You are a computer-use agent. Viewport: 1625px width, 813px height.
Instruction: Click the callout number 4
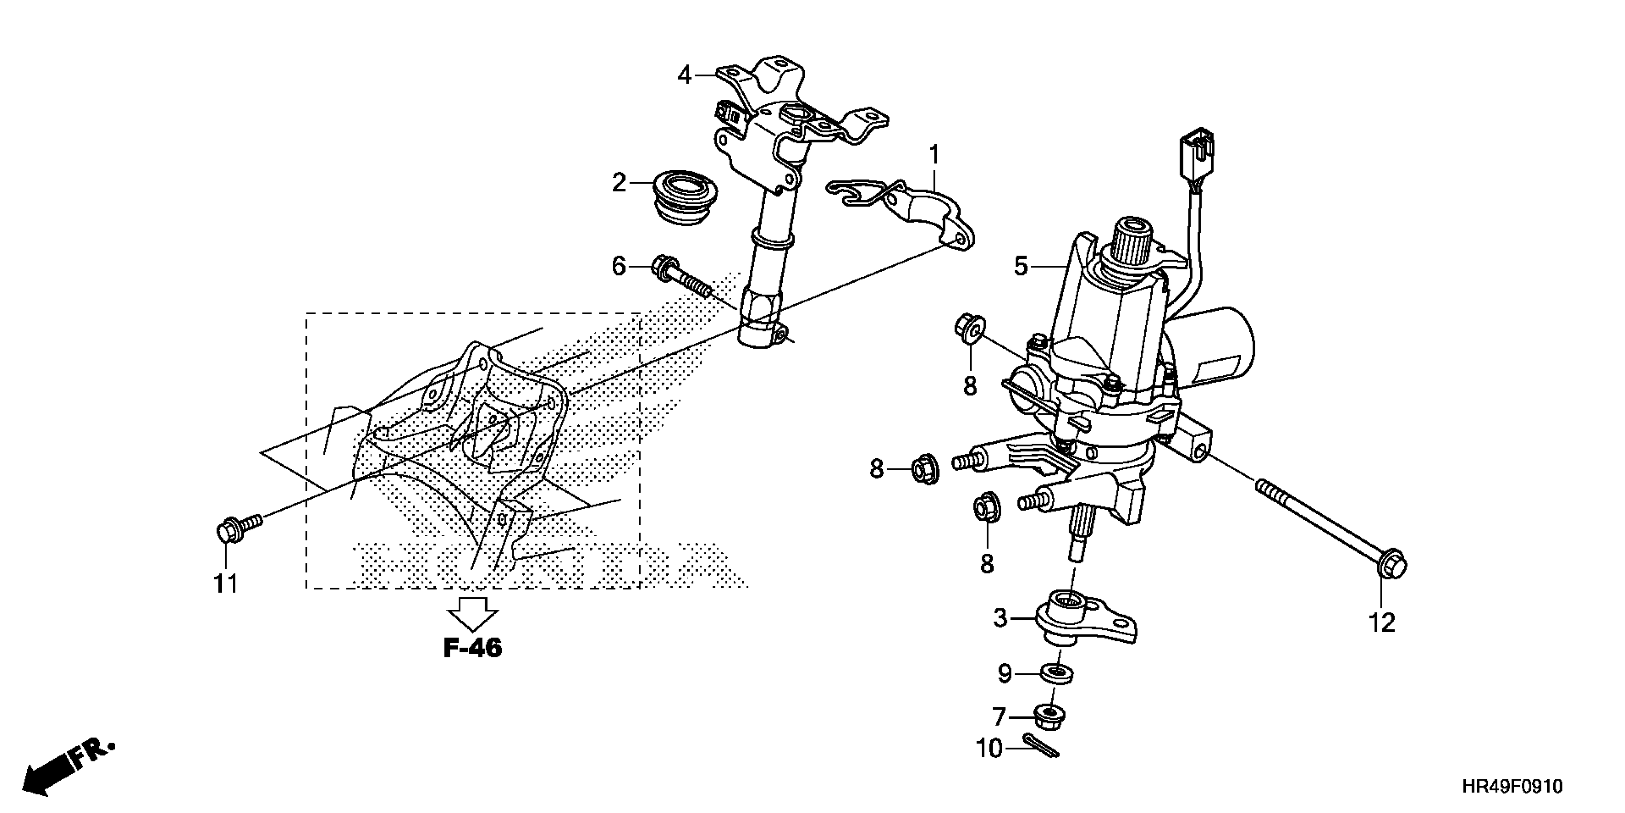click(684, 76)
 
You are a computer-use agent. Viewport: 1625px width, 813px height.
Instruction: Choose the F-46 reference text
click(473, 648)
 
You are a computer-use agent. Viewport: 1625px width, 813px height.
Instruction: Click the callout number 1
click(934, 154)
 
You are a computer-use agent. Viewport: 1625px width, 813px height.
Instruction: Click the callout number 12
click(1382, 623)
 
